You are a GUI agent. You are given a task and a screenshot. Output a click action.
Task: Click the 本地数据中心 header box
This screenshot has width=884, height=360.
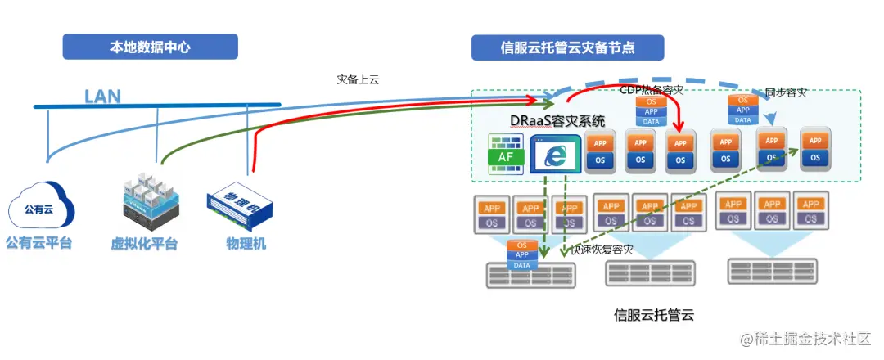click(x=151, y=47)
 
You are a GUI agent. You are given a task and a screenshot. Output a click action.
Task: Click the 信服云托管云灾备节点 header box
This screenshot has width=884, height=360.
click(x=567, y=47)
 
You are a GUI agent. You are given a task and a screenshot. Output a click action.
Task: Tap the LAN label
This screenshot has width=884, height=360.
click(x=102, y=97)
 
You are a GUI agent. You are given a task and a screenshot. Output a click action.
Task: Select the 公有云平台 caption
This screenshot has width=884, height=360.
click(x=38, y=243)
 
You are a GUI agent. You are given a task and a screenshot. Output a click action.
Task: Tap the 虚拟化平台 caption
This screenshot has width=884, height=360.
click(x=144, y=244)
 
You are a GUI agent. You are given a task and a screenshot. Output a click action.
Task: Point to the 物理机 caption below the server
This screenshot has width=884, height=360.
click(x=246, y=244)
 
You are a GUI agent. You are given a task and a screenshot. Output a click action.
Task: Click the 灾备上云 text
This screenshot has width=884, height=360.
click(x=358, y=79)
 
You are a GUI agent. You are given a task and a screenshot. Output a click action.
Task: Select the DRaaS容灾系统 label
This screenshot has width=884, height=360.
click(x=558, y=121)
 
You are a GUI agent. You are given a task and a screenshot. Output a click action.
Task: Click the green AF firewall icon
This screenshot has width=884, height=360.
click(x=506, y=155)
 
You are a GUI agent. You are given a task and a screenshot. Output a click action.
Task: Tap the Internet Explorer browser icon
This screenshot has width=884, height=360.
click(x=555, y=154)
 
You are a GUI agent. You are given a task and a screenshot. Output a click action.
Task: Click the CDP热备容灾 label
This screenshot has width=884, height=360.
click(x=651, y=90)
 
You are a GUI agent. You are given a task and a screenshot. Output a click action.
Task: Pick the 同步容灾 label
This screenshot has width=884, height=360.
click(x=786, y=92)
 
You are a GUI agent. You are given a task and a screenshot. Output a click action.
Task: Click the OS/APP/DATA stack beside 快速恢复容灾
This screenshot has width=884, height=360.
click(x=521, y=255)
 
